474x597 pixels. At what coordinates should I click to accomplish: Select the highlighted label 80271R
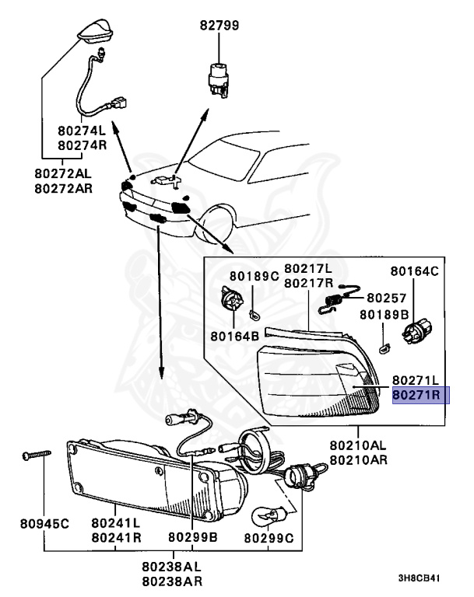416,395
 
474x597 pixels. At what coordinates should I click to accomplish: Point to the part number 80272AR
64,187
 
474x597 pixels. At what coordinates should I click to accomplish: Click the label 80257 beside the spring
388,297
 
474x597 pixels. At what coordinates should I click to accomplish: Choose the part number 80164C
414,272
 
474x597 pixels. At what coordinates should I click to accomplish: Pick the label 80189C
254,276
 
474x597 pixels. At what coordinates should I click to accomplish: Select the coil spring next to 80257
332,298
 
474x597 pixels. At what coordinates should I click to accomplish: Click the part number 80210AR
358,460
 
